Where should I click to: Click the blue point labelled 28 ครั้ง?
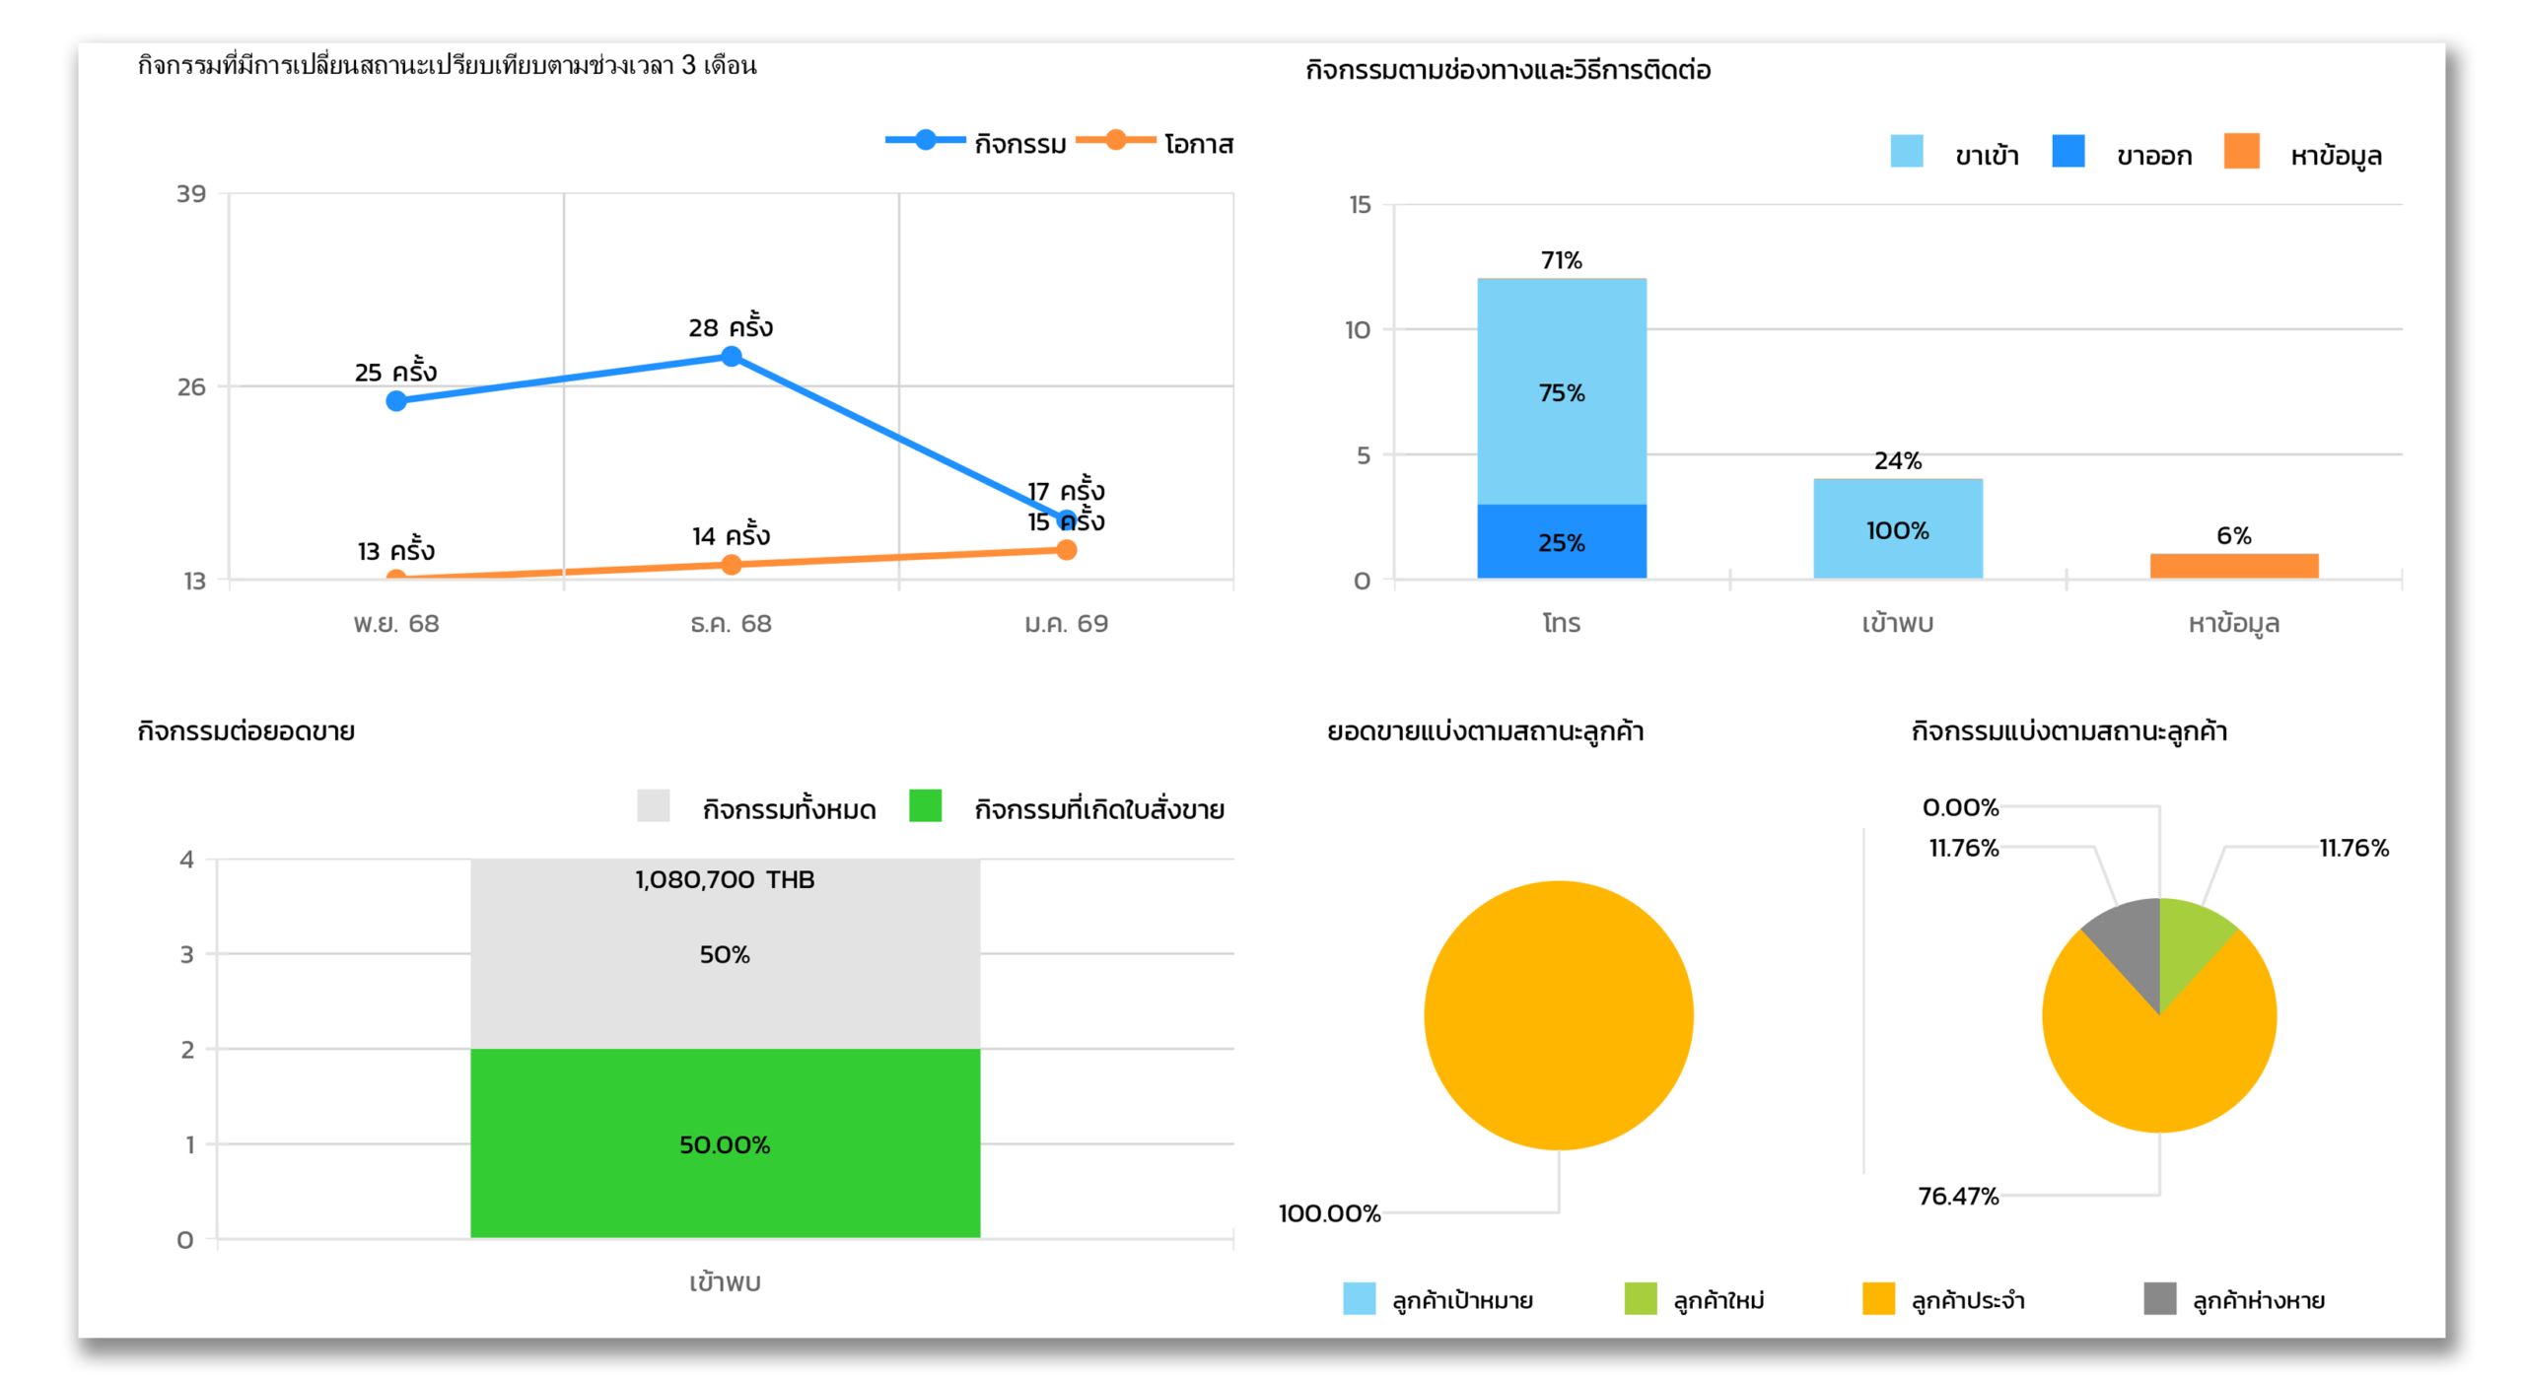[x=731, y=356]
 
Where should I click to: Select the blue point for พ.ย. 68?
[x=396, y=400]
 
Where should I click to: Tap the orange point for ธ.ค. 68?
[x=731, y=565]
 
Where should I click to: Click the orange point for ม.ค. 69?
[x=1066, y=550]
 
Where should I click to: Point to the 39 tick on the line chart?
[x=191, y=193]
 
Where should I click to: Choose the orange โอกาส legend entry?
[x=1156, y=144]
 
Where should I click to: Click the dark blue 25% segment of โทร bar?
[x=1561, y=541]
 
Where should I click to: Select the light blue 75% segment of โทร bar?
[x=1561, y=392]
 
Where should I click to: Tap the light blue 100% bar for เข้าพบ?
[x=1897, y=529]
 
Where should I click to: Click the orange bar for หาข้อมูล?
[x=2233, y=566]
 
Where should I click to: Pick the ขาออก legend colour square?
[x=2068, y=152]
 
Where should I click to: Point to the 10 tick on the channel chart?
[x=1358, y=329]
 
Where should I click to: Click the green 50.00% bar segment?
[x=725, y=1143]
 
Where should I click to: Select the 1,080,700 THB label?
[x=725, y=879]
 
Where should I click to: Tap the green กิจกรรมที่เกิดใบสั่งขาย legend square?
[x=925, y=805]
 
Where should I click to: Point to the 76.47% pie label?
[x=1957, y=1196]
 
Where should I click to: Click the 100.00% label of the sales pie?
[x=1329, y=1212]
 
